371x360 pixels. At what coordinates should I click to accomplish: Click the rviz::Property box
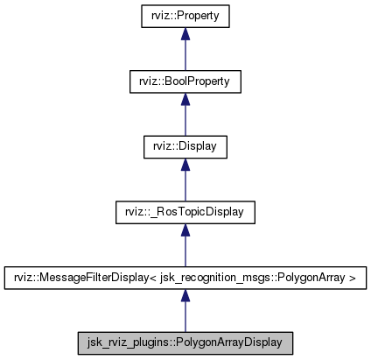(x=185, y=16)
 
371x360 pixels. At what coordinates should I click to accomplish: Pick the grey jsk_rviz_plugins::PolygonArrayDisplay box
(x=185, y=342)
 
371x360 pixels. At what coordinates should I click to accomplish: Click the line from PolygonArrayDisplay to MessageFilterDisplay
(x=185, y=315)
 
